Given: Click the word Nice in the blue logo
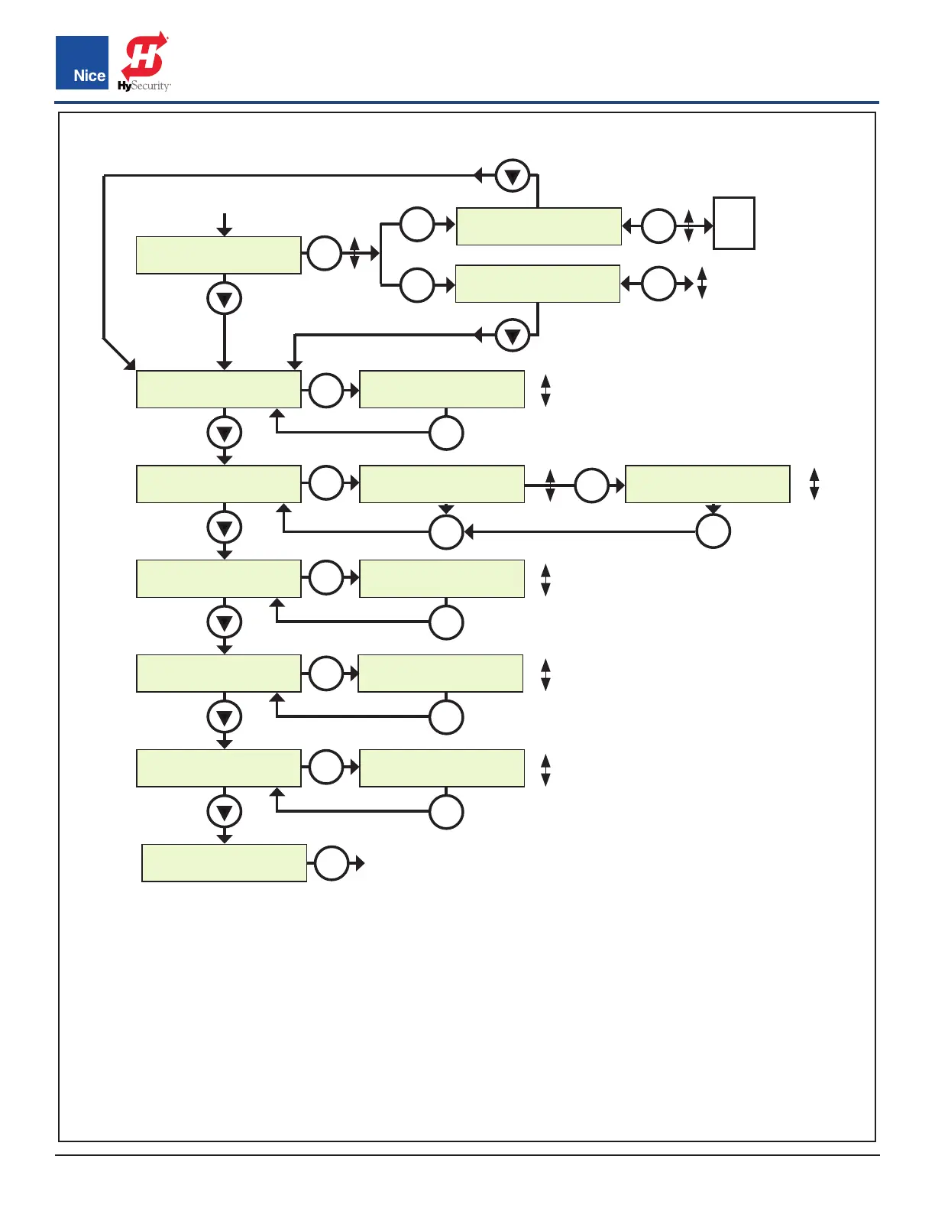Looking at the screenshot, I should (x=89, y=76).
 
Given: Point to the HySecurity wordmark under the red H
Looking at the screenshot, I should (x=144, y=86).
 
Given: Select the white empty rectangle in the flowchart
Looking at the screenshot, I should (x=734, y=223).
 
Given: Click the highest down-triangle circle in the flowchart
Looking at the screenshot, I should (x=513, y=176).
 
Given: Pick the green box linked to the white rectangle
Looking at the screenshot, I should (x=539, y=226).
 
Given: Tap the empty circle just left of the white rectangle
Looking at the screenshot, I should (x=658, y=226).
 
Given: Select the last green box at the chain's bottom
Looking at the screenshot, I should (x=225, y=863).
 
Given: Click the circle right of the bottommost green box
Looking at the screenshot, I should (x=332, y=863).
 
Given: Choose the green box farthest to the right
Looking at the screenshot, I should (x=707, y=484).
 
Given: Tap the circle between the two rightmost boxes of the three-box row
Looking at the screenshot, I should (x=591, y=485).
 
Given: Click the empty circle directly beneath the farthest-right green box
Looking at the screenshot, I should (x=713, y=531).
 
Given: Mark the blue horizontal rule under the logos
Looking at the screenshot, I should (x=467, y=102).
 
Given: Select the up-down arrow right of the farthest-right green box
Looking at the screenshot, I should (x=814, y=484).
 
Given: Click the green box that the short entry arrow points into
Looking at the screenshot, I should (x=218, y=255).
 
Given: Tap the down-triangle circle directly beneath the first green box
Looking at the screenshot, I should (x=225, y=299).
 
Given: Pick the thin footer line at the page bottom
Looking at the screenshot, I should (x=467, y=1155).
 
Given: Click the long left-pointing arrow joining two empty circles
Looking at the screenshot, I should (x=581, y=531).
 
